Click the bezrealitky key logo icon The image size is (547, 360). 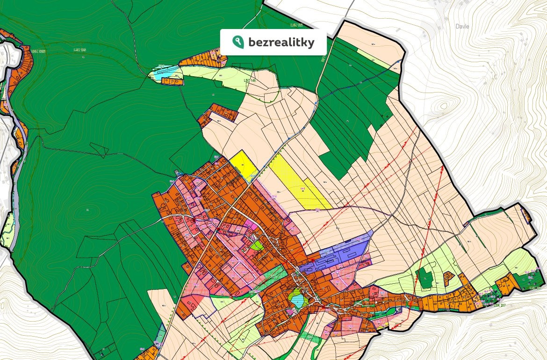238,42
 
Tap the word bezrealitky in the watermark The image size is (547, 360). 281,43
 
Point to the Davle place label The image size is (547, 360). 462,27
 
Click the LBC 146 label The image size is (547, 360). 251,80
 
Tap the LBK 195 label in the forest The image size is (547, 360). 80,50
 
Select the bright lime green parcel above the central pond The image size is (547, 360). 256,244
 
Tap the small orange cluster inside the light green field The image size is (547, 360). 448,278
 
